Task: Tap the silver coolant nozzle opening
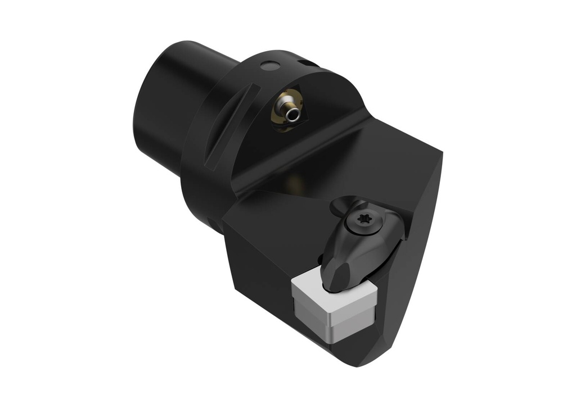point(291,115)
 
